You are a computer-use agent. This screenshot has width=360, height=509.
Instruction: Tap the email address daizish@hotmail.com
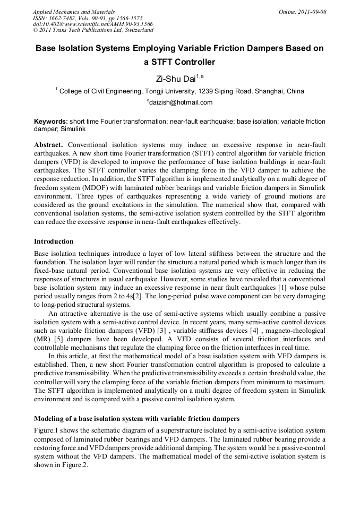coord(180,102)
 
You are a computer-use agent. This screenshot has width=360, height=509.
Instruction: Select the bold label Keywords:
coord(51,122)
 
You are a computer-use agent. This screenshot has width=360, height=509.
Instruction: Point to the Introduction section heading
coord(54,241)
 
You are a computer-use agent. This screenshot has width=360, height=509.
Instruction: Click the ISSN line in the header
coord(87,18)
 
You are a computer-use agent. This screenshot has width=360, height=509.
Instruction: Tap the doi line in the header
coord(93,24)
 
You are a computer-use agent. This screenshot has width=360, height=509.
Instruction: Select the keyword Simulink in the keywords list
coord(73,129)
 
